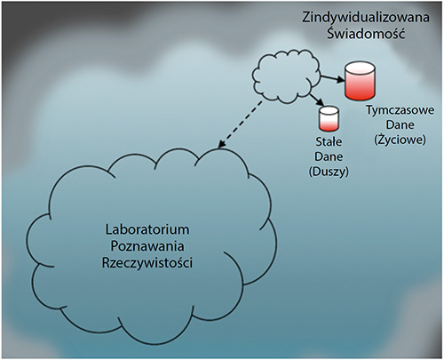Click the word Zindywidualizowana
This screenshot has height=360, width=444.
pos(366,17)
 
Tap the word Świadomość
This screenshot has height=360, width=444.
pos(366,33)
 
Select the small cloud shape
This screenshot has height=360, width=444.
pos(286,76)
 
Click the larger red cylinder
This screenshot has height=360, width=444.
pos(360,80)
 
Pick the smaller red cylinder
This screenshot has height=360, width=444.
pos(329,118)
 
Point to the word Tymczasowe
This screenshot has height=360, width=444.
pos(400,110)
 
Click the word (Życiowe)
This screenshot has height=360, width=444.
pos(400,140)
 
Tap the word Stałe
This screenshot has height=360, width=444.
pos(329,141)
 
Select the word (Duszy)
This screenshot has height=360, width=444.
pos(329,172)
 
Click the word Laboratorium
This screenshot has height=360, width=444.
pos(147,229)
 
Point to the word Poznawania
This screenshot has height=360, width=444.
pos(147,246)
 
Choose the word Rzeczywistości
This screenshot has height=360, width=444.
pos(147,263)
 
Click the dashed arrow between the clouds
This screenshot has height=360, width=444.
pos(240,124)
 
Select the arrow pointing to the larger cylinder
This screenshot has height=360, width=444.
pos(332,78)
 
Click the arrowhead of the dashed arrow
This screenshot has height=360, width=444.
pos(221,144)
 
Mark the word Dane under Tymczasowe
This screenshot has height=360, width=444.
pos(400,124)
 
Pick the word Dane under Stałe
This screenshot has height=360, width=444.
pos(329,156)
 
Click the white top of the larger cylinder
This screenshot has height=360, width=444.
pos(360,68)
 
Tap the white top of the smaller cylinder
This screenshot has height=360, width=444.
pos(329,110)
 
